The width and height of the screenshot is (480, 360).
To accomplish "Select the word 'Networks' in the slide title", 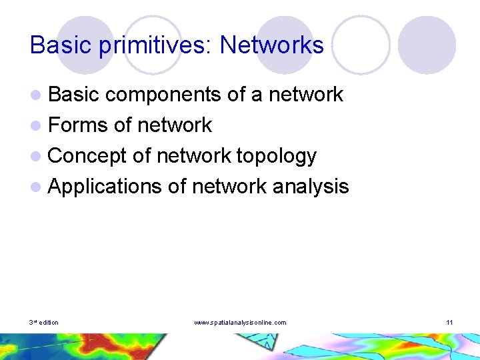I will (271, 45).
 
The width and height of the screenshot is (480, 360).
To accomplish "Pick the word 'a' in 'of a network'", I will (257, 95).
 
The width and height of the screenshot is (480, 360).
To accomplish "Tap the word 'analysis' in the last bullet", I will (310, 187).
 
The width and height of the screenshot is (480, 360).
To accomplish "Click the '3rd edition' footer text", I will (44, 323).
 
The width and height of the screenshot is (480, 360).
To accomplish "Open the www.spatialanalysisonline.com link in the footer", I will (240, 323).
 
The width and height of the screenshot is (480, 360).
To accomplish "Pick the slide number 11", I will (449, 323).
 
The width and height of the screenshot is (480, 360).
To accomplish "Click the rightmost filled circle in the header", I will (427, 45).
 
